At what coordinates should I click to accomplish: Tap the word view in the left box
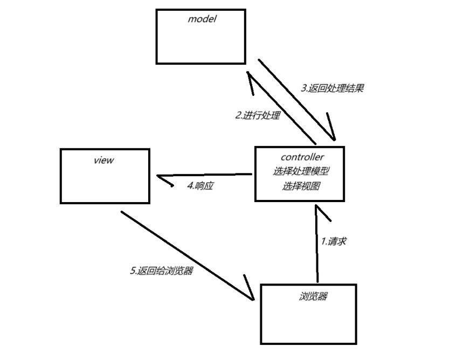[104, 160]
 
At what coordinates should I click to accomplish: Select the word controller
[302, 157]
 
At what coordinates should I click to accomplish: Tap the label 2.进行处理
[258, 115]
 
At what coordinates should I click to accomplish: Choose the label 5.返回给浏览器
[162, 271]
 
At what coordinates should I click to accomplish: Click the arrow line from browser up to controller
[317, 248]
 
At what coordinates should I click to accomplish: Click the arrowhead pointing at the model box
[249, 78]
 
